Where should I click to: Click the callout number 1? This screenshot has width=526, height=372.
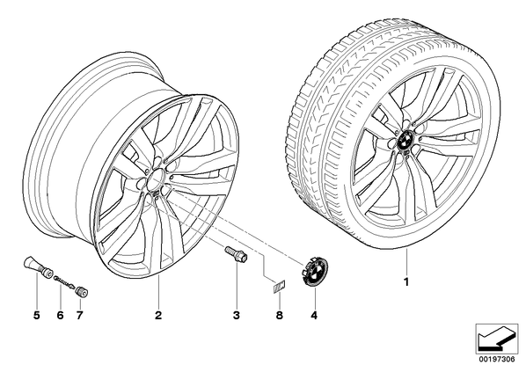(x=406, y=282)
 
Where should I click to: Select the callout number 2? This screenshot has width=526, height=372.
(x=158, y=315)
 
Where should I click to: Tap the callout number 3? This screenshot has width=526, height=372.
(x=237, y=315)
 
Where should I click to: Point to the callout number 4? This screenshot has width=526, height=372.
(x=314, y=315)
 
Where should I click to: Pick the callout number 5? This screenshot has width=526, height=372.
(x=37, y=315)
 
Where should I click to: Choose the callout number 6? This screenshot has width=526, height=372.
(x=60, y=315)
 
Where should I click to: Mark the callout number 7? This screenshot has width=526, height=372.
(x=79, y=315)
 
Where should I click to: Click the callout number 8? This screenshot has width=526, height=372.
(x=280, y=315)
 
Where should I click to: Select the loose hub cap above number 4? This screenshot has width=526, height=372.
(x=314, y=272)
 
